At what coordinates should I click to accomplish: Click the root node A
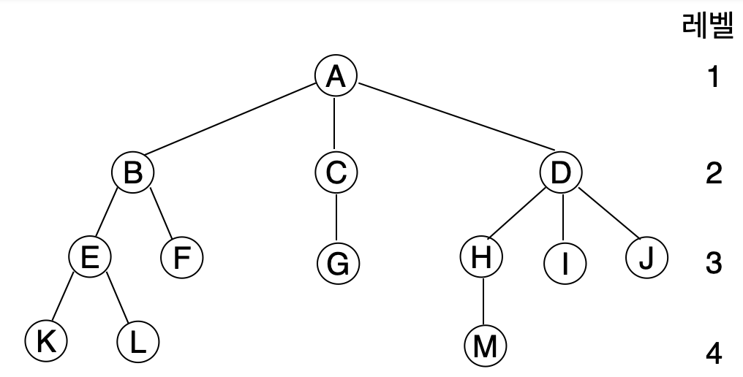336,76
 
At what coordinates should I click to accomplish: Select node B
132,173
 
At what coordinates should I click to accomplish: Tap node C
336,173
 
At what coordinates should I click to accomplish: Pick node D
561,173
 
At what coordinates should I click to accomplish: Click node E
89,258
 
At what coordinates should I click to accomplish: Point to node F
181,259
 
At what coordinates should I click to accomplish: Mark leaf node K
45,340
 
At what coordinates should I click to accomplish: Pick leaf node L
137,341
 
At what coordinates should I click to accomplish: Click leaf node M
485,345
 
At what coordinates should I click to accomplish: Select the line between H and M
483,302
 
